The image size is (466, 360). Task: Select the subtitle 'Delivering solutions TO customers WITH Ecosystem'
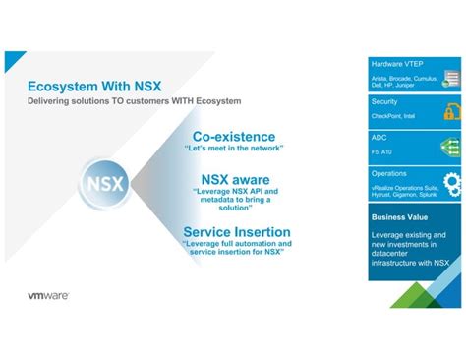tap(134, 101)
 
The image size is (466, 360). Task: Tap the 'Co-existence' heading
tap(234, 136)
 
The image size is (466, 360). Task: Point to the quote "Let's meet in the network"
tap(234, 149)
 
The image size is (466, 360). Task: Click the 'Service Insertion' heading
tap(236, 232)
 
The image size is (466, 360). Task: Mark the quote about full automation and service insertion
tap(236, 249)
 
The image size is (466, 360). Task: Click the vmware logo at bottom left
tap(47, 294)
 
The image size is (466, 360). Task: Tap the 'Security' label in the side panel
tap(384, 101)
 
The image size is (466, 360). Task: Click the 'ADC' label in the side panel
tap(379, 139)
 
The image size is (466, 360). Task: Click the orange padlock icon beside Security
tap(451, 110)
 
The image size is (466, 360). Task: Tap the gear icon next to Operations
tap(451, 182)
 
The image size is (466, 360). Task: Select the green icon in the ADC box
tap(451, 146)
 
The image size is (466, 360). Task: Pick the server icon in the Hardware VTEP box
tap(451, 72)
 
